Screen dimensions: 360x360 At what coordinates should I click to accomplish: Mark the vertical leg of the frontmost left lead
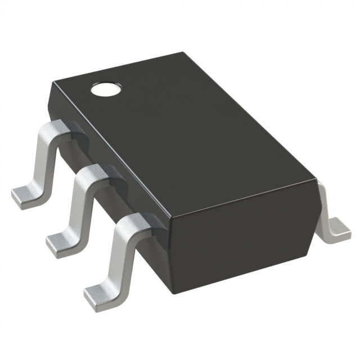click(118, 256)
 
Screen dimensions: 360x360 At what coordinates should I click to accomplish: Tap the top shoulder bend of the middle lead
click(90, 174)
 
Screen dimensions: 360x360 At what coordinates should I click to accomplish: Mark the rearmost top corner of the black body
click(183, 53)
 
